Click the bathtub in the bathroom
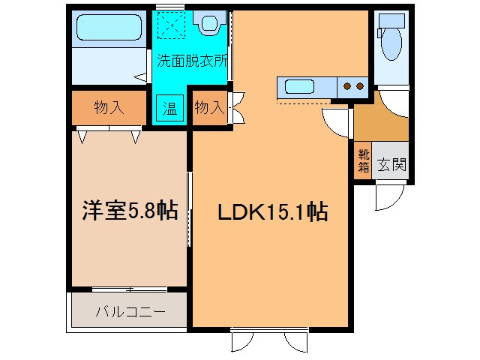click(x=108, y=30)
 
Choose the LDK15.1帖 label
click(x=272, y=212)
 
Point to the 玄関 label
click(x=391, y=163)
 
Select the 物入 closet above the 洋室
click(x=109, y=108)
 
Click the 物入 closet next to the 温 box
click(x=209, y=108)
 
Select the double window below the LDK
click(x=270, y=339)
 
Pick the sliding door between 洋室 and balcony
click(x=129, y=289)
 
